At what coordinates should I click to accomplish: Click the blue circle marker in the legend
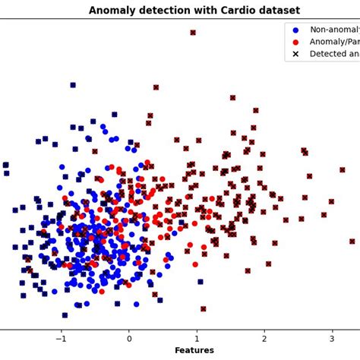[x=295, y=30]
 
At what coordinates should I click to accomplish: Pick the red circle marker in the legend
[x=295, y=42]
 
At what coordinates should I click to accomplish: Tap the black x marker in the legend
[x=295, y=55]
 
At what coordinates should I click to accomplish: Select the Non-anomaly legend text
[x=334, y=30]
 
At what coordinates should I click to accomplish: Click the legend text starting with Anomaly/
[x=334, y=42]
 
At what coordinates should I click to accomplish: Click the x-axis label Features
[x=194, y=350]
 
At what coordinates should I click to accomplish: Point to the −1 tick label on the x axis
[x=61, y=338]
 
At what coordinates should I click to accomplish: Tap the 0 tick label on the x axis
[x=129, y=338]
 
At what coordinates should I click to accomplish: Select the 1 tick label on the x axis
[x=197, y=338]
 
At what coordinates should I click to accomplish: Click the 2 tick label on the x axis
[x=264, y=338]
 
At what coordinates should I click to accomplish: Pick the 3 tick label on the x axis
[x=332, y=338]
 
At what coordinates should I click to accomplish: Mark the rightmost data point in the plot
[x=352, y=242]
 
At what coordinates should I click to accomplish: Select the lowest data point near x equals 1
[x=203, y=309]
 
